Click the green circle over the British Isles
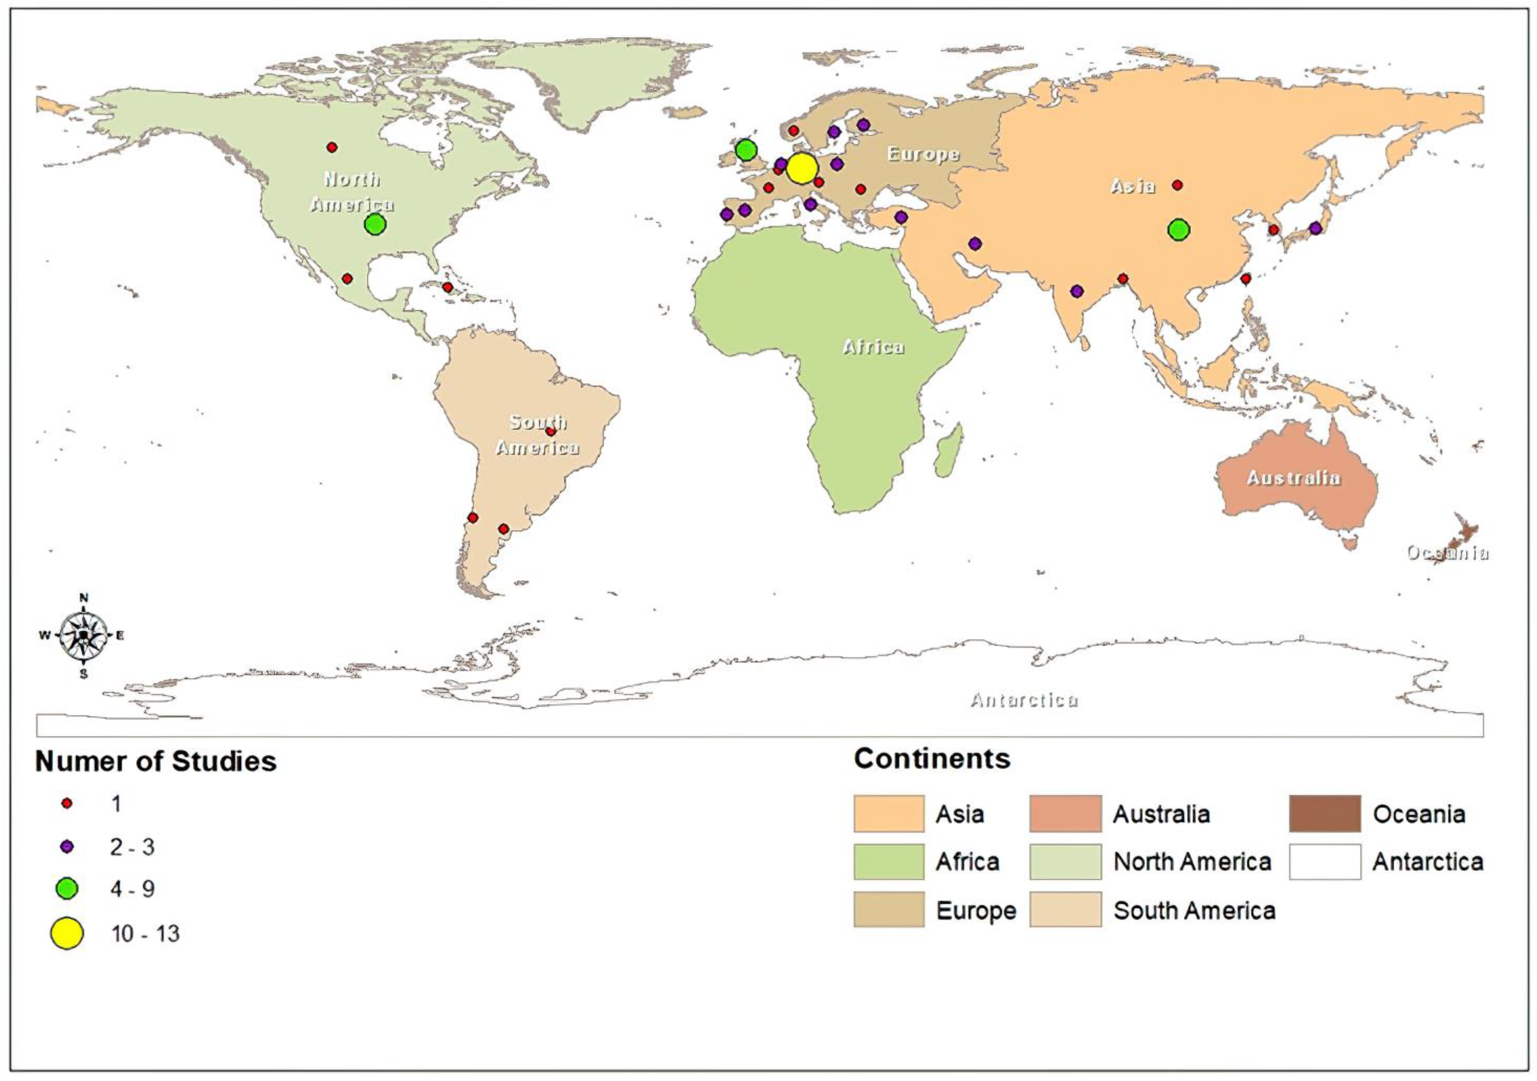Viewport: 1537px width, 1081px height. pyautogui.click(x=746, y=150)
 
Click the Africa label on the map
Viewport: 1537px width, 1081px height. pyautogui.click(x=873, y=347)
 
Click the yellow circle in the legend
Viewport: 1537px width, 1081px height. pyautogui.click(x=67, y=934)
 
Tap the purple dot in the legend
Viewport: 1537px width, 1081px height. pyautogui.click(x=67, y=846)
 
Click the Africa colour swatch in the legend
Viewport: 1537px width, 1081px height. pyautogui.click(x=888, y=861)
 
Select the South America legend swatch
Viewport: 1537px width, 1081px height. pyautogui.click(x=1065, y=909)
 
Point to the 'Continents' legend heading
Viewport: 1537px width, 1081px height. pyautogui.click(x=932, y=759)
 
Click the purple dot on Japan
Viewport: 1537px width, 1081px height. pyautogui.click(x=1316, y=228)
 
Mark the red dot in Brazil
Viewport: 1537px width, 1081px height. pyautogui.click(x=550, y=431)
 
